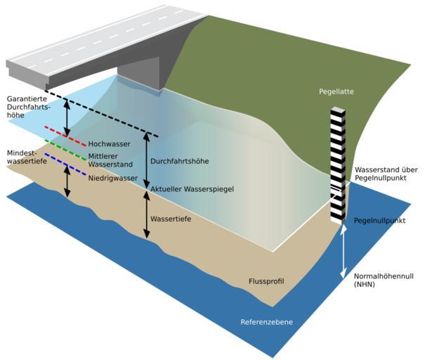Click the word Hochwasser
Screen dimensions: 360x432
(x=110, y=144)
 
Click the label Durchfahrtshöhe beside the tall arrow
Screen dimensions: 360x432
(x=180, y=162)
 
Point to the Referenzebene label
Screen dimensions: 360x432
(x=267, y=323)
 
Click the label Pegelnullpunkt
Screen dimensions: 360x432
(x=380, y=220)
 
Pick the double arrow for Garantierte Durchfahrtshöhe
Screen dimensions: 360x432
(x=67, y=117)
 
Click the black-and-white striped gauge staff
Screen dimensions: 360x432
(x=339, y=162)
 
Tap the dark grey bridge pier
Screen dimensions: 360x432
(x=140, y=75)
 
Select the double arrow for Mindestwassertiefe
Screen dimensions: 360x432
(x=67, y=181)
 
